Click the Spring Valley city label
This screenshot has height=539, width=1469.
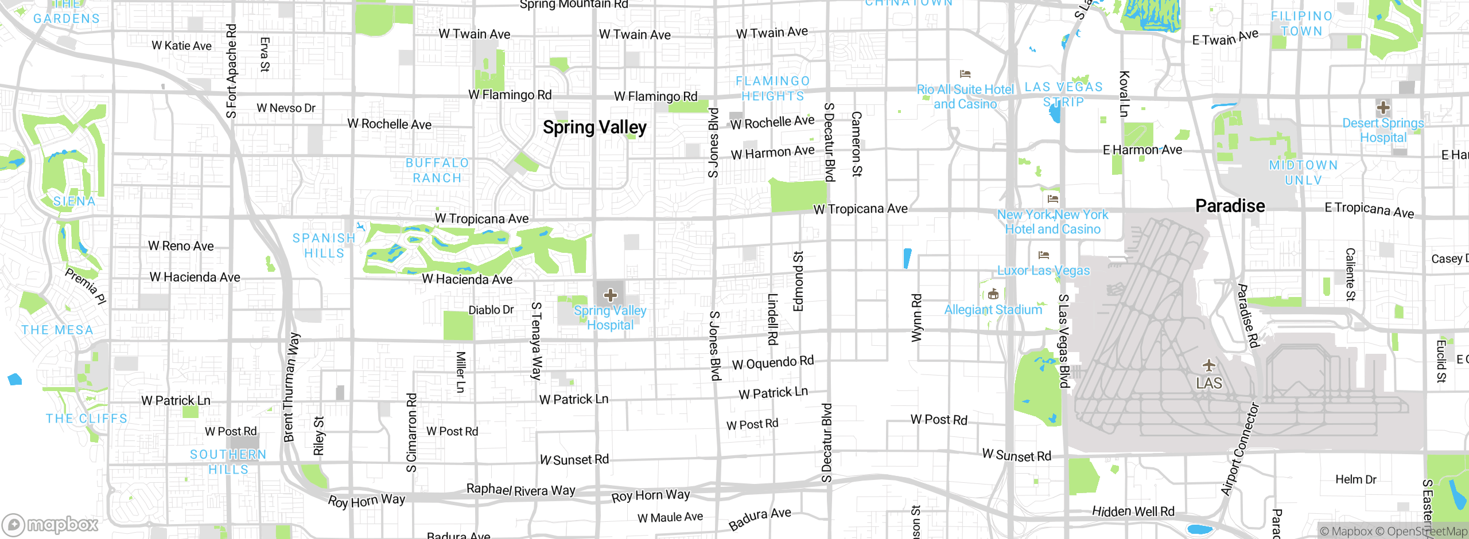click(x=594, y=127)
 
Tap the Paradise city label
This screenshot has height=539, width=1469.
click(x=1230, y=206)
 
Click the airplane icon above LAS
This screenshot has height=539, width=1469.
click(x=1209, y=365)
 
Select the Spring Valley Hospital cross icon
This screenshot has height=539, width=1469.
click(x=610, y=295)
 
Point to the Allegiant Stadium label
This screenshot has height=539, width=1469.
click(x=993, y=310)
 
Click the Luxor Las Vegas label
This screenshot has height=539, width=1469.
click(x=1043, y=271)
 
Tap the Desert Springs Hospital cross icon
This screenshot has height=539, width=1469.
click(x=1383, y=107)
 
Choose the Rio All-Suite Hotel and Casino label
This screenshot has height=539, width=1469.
click(x=965, y=97)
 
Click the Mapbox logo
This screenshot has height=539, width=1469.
click(x=50, y=524)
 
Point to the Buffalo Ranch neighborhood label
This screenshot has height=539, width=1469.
click(x=437, y=170)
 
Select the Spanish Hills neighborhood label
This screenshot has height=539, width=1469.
click(x=324, y=245)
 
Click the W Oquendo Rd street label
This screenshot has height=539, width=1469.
click(x=772, y=363)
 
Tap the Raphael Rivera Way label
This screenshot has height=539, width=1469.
click(x=520, y=490)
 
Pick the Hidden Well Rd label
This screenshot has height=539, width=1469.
click(x=1133, y=511)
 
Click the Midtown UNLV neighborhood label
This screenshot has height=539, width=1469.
click(x=1303, y=173)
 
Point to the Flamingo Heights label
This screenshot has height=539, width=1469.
click(x=773, y=89)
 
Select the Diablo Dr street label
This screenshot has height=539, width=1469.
click(x=491, y=310)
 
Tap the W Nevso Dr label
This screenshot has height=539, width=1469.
click(x=286, y=108)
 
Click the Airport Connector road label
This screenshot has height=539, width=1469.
click(x=1241, y=449)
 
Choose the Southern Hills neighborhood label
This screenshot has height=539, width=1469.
click(x=228, y=462)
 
